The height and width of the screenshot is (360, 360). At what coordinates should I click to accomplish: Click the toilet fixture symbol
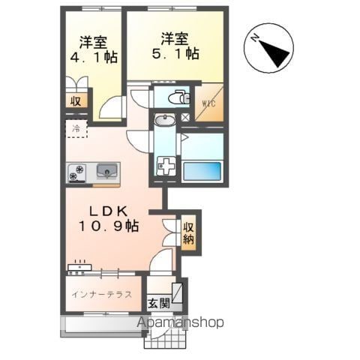point(178,97)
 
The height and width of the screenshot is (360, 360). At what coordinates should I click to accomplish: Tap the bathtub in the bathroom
point(202,171)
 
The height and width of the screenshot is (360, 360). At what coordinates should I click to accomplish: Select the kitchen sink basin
point(107,171)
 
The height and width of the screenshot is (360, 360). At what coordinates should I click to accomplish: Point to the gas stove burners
point(77,172)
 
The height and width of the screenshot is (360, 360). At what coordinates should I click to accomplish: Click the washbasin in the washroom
point(165,120)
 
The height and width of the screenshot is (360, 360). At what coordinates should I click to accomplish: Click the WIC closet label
point(208,103)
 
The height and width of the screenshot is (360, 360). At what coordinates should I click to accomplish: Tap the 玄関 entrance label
point(159,304)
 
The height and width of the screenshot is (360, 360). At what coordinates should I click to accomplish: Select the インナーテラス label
point(102,295)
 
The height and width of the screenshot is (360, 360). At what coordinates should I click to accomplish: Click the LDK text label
point(109,212)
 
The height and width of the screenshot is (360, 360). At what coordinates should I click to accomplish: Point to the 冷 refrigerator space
point(76,129)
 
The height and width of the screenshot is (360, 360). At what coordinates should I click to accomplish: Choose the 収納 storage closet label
point(189,233)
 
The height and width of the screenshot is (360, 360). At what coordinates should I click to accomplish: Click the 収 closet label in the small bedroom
point(76,101)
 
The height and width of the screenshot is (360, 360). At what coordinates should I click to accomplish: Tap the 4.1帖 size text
point(94,58)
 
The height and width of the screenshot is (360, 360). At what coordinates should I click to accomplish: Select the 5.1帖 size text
point(175,54)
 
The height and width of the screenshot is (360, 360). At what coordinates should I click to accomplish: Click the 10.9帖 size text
point(109,226)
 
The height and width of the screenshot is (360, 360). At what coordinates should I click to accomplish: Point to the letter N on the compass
point(255,38)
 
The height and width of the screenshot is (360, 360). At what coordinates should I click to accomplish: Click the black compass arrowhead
point(275,53)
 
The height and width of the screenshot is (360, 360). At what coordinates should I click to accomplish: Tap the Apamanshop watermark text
point(180,322)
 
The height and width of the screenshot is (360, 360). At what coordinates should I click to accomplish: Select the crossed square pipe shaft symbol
point(185,118)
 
